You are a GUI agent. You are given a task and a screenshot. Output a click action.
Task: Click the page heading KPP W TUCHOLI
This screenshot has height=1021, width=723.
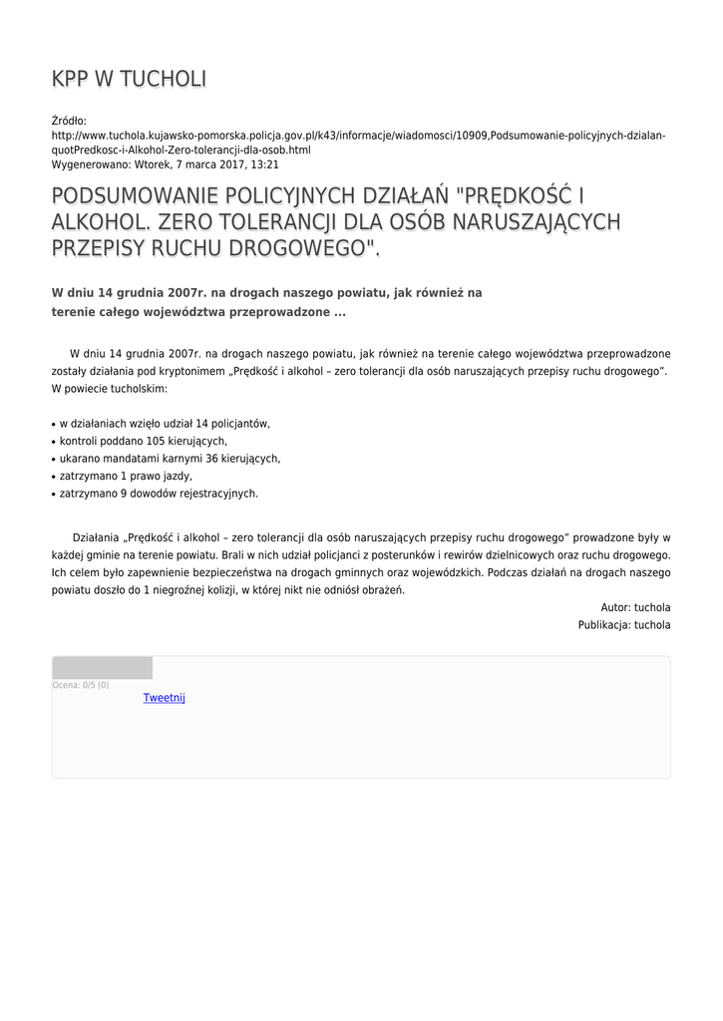(129, 80)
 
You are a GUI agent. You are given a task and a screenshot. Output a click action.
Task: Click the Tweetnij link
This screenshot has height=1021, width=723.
(164, 698)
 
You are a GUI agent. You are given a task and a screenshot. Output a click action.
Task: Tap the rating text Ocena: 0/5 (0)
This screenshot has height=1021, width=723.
(81, 685)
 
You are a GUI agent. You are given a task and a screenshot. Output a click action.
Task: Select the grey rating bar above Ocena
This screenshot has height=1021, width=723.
(102, 667)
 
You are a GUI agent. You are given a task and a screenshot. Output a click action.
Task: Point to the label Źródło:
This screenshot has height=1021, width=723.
(69, 121)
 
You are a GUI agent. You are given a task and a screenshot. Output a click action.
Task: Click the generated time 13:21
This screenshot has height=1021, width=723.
(264, 165)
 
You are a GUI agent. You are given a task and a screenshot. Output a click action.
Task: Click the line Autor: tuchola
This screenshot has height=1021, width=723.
(635, 607)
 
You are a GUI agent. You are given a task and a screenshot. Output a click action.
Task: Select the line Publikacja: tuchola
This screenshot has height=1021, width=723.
(624, 625)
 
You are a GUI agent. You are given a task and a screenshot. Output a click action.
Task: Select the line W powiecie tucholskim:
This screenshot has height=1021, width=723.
(110, 388)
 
